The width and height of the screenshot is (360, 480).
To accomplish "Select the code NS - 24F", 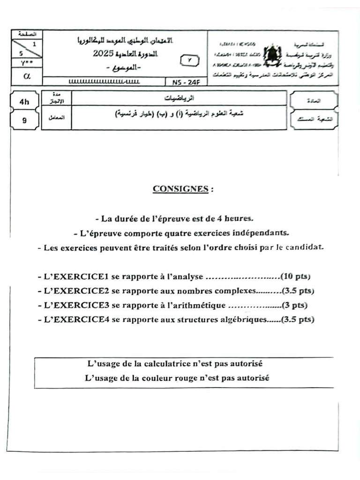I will coord(183,82).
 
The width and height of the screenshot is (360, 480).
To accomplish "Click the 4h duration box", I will coord(24,101).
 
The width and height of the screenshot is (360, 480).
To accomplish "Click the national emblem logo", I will coord(272,56).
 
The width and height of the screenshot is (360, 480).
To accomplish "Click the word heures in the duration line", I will coord(239,218).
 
